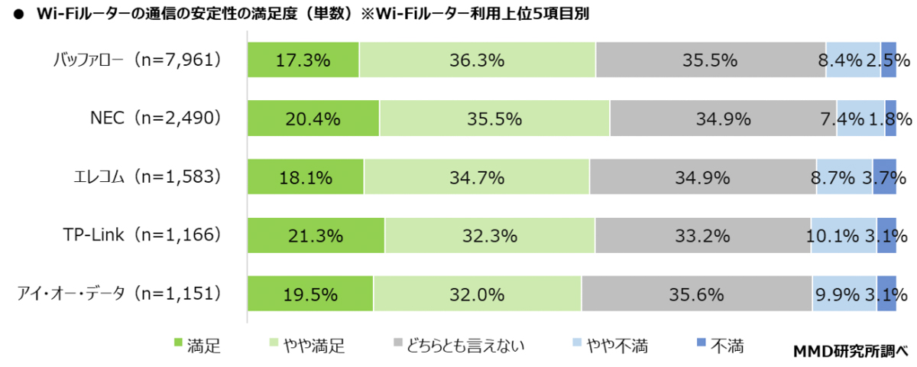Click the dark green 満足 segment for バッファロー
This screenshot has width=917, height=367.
point(303,60)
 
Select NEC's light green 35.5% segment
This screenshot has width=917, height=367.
point(494,119)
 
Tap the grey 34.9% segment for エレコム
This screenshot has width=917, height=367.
point(703,177)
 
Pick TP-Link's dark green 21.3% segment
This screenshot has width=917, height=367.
point(316,235)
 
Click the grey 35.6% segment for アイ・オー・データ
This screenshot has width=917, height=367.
point(697,294)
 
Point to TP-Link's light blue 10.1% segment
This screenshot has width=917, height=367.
point(844,235)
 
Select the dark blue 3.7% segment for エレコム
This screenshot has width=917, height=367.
point(884,177)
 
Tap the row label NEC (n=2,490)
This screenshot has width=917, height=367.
point(155,119)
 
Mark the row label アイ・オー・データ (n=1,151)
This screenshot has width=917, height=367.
point(121,294)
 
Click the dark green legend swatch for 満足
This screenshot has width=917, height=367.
point(178,346)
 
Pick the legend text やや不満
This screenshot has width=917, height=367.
point(617,346)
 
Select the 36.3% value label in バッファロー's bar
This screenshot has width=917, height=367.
point(478,60)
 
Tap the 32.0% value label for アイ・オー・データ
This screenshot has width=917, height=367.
point(478,294)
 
